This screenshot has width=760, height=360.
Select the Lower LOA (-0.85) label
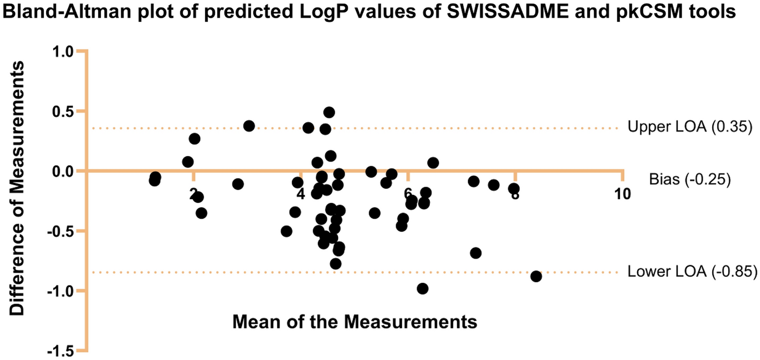click(692, 272)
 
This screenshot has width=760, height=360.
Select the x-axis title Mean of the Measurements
click(355, 322)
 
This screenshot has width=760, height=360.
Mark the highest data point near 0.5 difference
click(329, 112)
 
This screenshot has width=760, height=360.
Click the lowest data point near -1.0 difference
click(422, 289)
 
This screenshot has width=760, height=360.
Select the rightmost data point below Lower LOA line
click(536, 276)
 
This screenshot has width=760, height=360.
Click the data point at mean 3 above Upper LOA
click(249, 126)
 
